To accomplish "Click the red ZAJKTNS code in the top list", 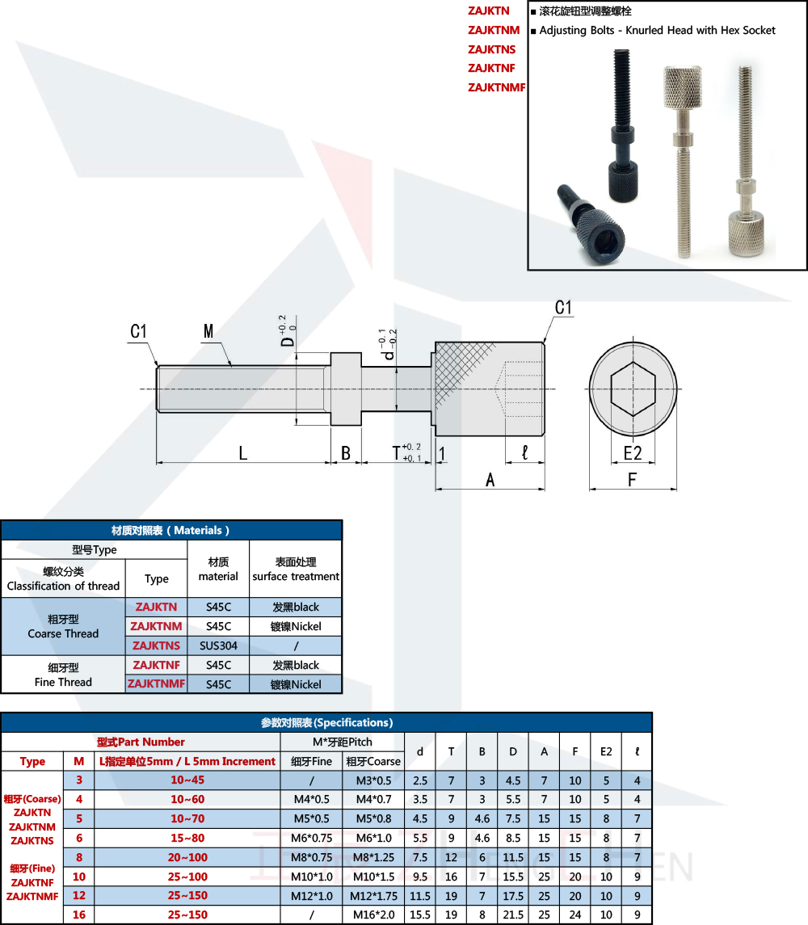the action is click(491, 49).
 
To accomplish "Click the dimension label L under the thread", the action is click(242, 453).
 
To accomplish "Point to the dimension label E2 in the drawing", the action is click(633, 453).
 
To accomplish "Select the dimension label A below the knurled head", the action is click(490, 480).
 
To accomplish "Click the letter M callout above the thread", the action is click(208, 331).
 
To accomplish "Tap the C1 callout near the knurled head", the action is click(563, 307).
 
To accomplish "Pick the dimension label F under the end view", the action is click(632, 480).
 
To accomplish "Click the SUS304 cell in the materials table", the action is click(218, 645).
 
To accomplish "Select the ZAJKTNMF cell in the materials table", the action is click(157, 683).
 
